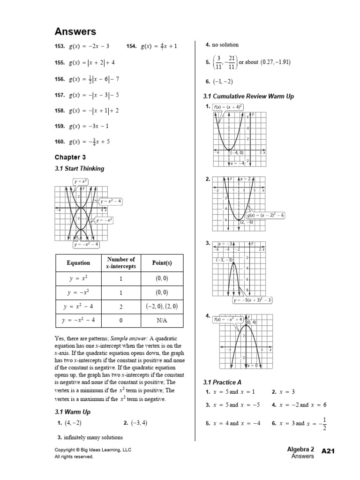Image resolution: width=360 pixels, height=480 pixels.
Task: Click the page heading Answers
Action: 75,31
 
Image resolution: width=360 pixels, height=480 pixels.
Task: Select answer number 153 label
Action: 60,46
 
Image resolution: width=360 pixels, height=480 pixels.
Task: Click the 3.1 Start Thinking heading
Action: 79,169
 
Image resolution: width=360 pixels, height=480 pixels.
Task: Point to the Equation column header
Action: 78,263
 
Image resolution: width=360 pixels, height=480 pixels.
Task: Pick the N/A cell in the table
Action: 162,321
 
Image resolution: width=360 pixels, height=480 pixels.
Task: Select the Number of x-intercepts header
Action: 121,263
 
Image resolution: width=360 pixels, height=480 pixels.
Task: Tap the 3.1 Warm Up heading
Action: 73,412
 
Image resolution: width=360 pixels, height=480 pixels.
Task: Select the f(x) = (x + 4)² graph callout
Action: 227,107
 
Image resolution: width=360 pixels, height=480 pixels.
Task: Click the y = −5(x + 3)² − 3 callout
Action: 253,300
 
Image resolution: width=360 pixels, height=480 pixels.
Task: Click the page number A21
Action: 330,450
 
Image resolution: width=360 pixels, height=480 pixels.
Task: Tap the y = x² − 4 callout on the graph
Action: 111,202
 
